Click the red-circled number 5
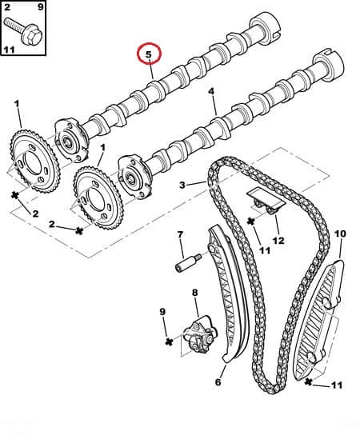pyautogui.click(x=149, y=55)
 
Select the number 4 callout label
pyautogui.click(x=212, y=93)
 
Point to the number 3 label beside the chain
pyautogui.click(x=182, y=186)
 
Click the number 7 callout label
pyautogui.click(x=180, y=234)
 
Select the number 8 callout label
pyautogui.click(x=194, y=293)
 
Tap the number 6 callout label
pyautogui.click(x=217, y=381)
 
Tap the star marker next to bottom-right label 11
pyautogui.click(x=309, y=384)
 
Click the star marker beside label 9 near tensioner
pyautogui.click(x=169, y=341)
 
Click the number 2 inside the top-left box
pyautogui.click(x=9, y=8)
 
